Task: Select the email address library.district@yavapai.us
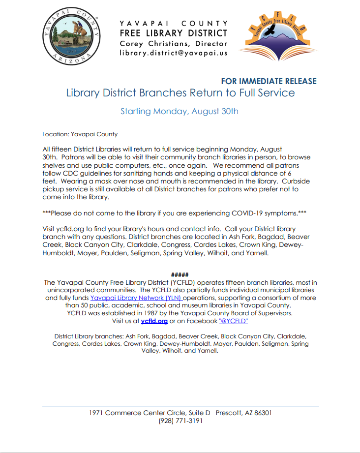174,53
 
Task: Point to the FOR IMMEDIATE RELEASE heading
269,81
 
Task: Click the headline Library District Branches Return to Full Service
180,92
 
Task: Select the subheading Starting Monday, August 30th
180,111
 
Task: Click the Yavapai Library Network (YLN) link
136,298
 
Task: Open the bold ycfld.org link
154,321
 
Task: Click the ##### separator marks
180,274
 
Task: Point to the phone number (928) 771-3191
180,421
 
